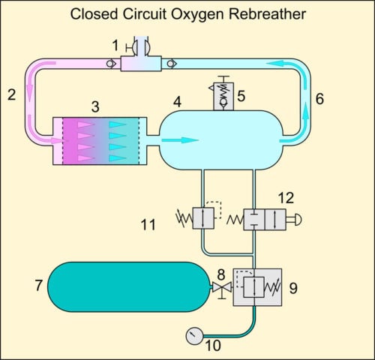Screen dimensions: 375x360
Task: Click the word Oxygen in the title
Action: click(x=198, y=14)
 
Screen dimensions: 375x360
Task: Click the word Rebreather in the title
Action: click(x=267, y=14)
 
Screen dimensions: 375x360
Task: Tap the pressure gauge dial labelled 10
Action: click(x=194, y=336)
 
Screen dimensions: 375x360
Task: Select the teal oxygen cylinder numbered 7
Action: click(x=129, y=287)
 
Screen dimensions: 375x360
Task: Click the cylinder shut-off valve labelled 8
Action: click(x=222, y=288)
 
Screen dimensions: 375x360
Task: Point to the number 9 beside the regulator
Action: click(x=293, y=288)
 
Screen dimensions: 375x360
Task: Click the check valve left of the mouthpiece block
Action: click(x=110, y=64)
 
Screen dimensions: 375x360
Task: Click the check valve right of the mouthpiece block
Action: click(x=172, y=64)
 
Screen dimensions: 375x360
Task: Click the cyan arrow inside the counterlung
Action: click(x=180, y=140)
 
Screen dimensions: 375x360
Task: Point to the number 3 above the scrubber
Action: click(x=95, y=106)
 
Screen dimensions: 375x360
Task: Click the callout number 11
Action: click(x=148, y=224)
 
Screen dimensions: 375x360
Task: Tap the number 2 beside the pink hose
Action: click(x=12, y=95)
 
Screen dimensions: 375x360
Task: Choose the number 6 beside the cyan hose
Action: click(x=319, y=99)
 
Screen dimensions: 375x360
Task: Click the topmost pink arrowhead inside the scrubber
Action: click(x=86, y=124)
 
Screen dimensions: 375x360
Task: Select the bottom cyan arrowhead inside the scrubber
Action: click(x=118, y=158)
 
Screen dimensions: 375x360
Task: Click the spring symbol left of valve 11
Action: click(x=184, y=218)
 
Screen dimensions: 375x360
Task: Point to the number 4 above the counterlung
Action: click(x=177, y=102)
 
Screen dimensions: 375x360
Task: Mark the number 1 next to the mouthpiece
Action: click(x=115, y=46)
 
